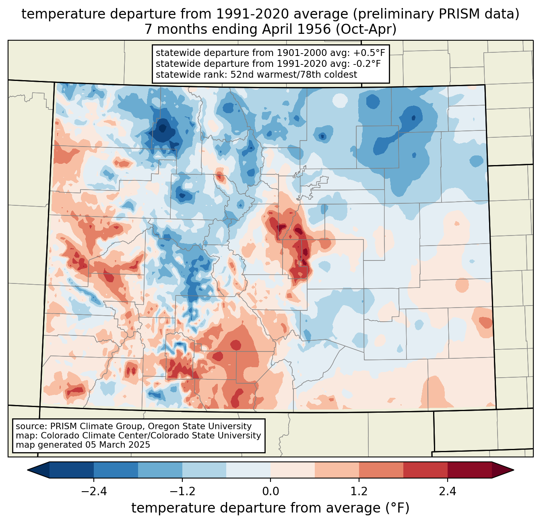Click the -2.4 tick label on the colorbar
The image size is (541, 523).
point(94,492)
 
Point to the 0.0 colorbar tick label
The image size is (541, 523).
point(270,492)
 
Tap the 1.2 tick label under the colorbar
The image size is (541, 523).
point(359,492)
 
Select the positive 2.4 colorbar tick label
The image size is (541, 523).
point(447,492)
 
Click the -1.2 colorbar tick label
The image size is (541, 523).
point(182,492)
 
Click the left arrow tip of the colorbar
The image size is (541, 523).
point(27,470)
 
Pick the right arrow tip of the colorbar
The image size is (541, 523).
point(514,470)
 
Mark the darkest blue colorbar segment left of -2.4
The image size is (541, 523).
point(71,470)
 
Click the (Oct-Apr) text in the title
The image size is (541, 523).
point(366,29)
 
